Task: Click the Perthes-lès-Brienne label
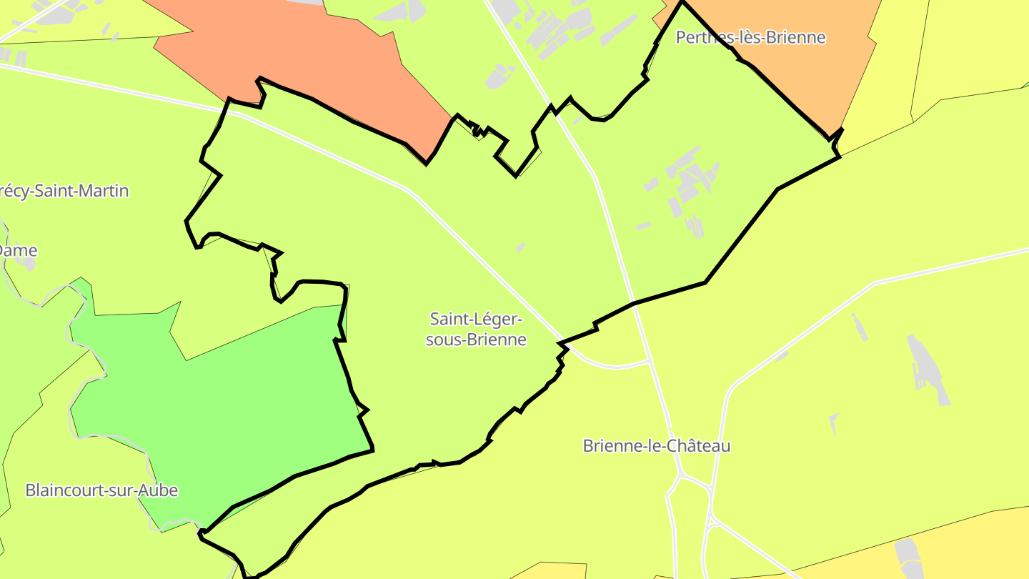(750, 37)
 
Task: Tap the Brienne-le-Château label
(656, 446)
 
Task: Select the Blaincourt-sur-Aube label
(101, 490)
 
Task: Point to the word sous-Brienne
(476, 340)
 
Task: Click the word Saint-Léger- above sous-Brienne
(476, 318)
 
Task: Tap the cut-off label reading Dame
(19, 251)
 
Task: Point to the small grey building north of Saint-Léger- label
(520, 247)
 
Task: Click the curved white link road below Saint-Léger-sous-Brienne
(615, 367)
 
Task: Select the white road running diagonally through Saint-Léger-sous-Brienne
(486, 264)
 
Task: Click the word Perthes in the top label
(700, 37)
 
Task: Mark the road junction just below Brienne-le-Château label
(682, 474)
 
